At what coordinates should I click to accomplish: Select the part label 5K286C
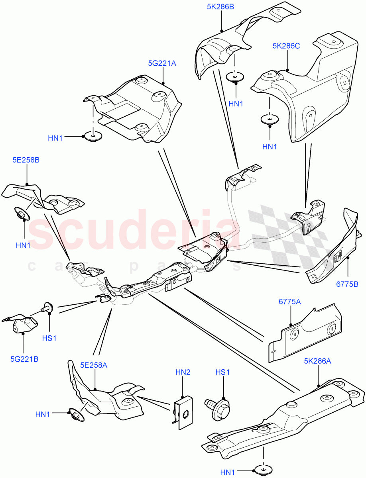click(x=286, y=46)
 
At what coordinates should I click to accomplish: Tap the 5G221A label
click(x=162, y=63)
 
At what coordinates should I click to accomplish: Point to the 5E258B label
click(x=26, y=160)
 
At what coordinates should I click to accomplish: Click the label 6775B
click(x=347, y=284)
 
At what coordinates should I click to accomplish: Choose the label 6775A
click(x=290, y=302)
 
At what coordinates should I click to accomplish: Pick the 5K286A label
click(x=318, y=361)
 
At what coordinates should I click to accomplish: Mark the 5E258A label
click(x=94, y=365)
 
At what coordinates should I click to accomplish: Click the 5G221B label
click(x=24, y=359)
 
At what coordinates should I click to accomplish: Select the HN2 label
click(x=183, y=372)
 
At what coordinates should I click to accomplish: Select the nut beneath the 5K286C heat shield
click(x=270, y=119)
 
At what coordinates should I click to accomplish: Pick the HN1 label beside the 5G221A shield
click(x=55, y=138)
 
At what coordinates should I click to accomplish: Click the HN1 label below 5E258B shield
click(x=23, y=245)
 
